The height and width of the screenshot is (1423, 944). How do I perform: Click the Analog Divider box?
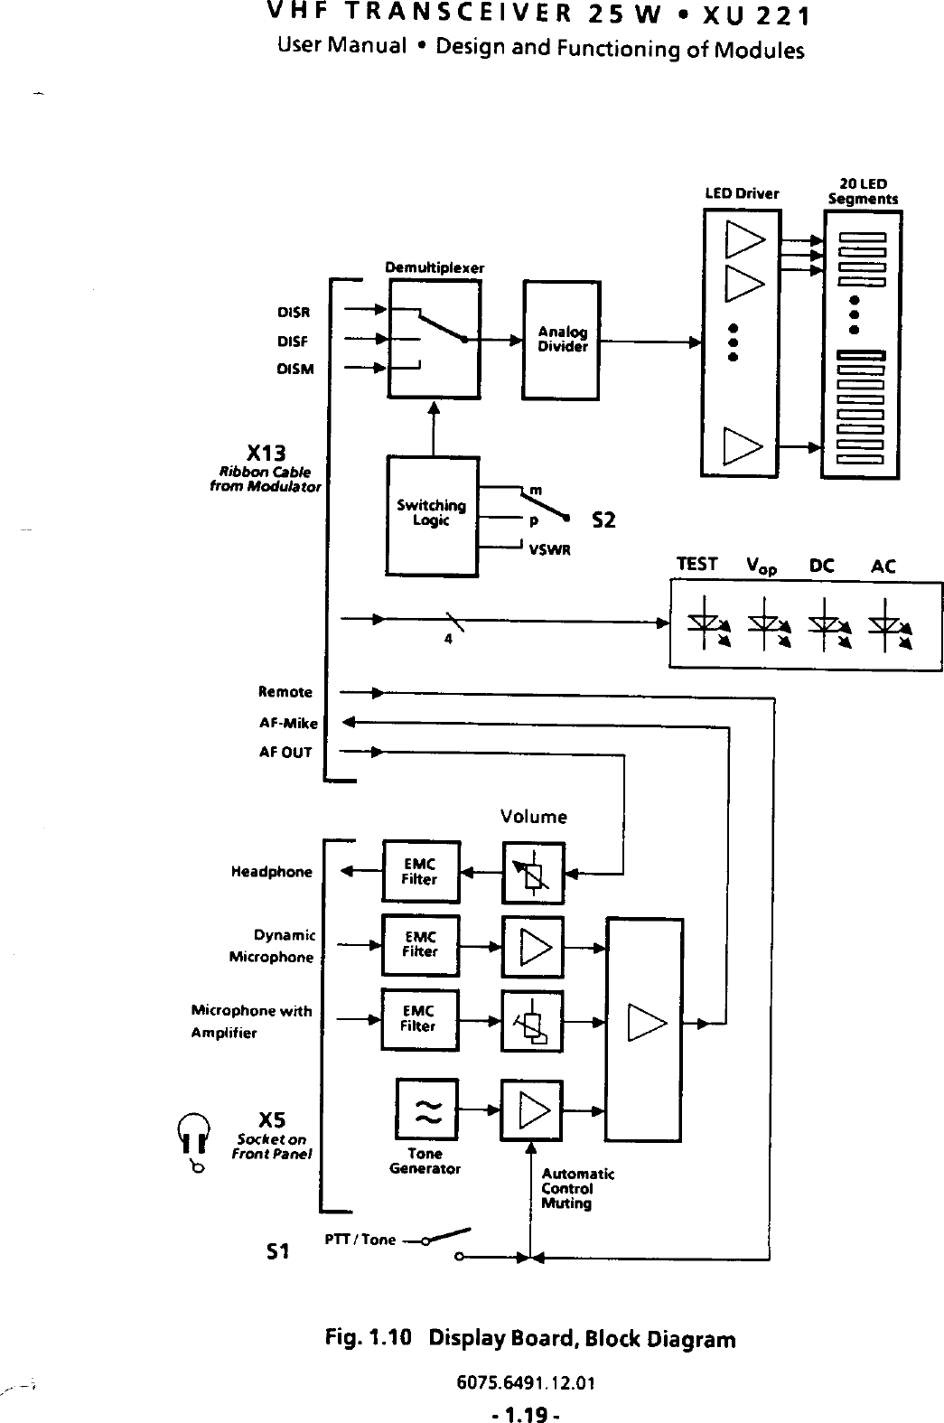tap(561, 340)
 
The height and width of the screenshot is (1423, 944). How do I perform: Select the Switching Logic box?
tap(432, 515)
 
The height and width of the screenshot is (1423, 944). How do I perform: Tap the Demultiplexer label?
tap(435, 267)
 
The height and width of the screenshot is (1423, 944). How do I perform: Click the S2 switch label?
tap(603, 520)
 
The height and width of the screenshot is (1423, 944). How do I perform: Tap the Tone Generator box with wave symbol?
tap(426, 1110)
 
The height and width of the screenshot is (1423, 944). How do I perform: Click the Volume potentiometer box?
tap(533, 873)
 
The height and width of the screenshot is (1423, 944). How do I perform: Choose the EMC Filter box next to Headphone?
tap(421, 872)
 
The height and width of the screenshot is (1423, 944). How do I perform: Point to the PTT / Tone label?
tap(360, 1240)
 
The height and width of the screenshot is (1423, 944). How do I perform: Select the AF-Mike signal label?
tap(285, 723)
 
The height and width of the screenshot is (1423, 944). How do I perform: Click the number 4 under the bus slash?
tap(447, 640)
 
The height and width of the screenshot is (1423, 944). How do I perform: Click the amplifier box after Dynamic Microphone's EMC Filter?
tap(533, 946)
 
